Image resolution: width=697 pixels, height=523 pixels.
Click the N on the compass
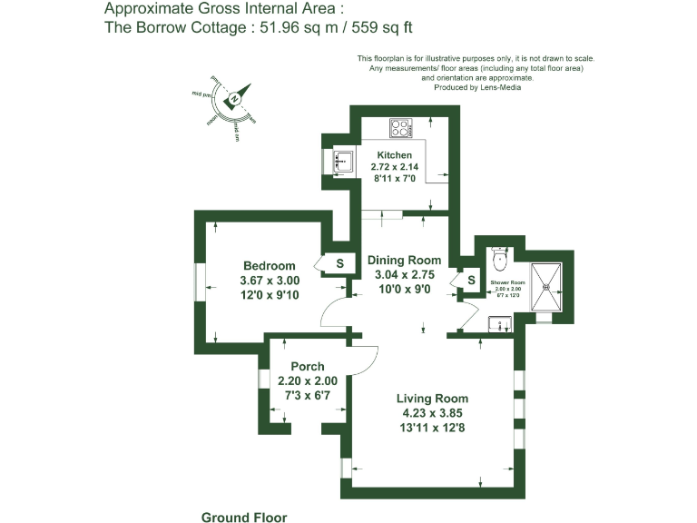234,98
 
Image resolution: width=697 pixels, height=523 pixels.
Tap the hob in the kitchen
401,128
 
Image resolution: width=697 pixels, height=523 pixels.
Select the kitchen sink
343,163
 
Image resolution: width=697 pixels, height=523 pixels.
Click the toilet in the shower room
497,259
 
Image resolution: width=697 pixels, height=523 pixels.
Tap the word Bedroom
269,266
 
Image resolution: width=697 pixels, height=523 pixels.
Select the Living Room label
432,399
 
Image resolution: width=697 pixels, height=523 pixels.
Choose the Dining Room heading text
404,261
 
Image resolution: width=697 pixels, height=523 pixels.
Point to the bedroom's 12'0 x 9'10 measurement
270,294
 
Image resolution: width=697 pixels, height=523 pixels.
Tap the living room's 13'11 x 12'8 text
432,427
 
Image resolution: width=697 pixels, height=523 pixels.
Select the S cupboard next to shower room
471,280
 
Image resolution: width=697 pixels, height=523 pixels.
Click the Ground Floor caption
243,518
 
